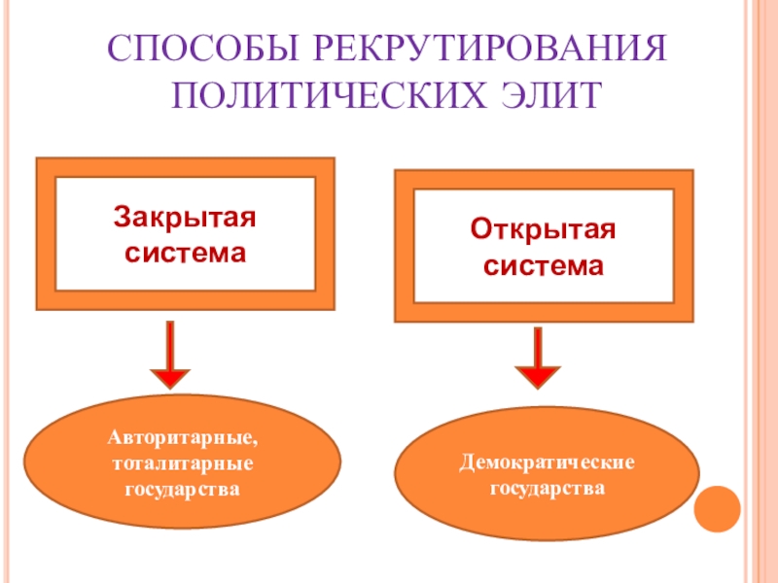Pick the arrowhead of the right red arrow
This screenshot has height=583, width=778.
[x=538, y=378]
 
